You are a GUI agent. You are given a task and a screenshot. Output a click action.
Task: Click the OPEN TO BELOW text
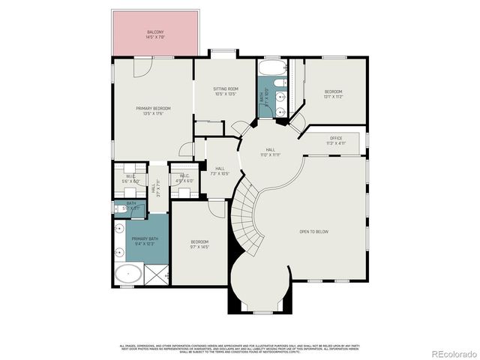pyautogui.click(x=313, y=232)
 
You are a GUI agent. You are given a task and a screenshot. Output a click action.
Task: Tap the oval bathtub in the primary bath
pyautogui.click(x=127, y=274)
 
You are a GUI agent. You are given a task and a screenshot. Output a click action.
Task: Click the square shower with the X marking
pyautogui.click(x=155, y=276)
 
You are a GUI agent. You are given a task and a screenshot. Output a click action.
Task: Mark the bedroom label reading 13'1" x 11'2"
pyautogui.click(x=333, y=94)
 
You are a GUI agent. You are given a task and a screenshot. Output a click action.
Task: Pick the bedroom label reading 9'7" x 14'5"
pyautogui.click(x=199, y=244)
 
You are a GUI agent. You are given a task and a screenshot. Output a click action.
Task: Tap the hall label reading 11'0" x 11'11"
pyautogui.click(x=270, y=152)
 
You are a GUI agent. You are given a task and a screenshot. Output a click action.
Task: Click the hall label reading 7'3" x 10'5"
pyautogui.click(x=220, y=171)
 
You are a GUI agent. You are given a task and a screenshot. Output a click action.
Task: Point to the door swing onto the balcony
pyautogui.click(x=143, y=67)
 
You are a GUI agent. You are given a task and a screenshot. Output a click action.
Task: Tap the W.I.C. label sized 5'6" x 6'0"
pyautogui.click(x=130, y=178)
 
